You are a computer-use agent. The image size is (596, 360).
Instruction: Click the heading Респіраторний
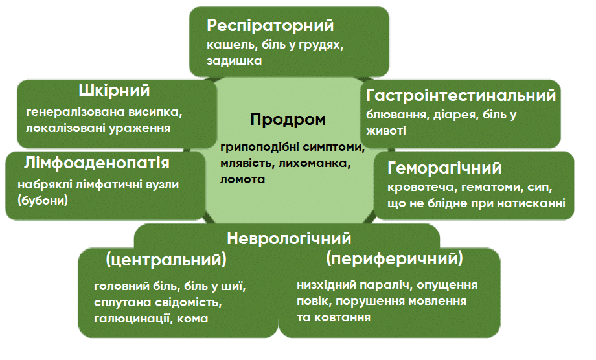(270, 26)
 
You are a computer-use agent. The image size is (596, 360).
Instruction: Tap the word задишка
(234, 61)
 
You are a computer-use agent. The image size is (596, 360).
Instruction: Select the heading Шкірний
(114, 91)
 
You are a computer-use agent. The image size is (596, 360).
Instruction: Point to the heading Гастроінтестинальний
(461, 95)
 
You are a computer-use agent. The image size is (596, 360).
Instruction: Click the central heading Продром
(288, 120)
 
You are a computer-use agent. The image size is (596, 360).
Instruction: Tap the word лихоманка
(314, 163)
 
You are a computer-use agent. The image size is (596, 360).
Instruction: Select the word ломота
(242, 179)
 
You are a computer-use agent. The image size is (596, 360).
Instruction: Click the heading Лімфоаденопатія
(97, 163)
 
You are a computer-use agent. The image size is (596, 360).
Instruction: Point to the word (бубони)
(43, 200)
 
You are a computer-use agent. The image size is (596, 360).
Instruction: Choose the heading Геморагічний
(444, 168)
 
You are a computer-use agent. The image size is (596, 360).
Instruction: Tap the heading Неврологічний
(289, 238)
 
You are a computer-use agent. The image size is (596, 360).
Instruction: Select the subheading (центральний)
(166, 260)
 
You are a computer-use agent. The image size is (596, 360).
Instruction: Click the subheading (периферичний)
(395, 258)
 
